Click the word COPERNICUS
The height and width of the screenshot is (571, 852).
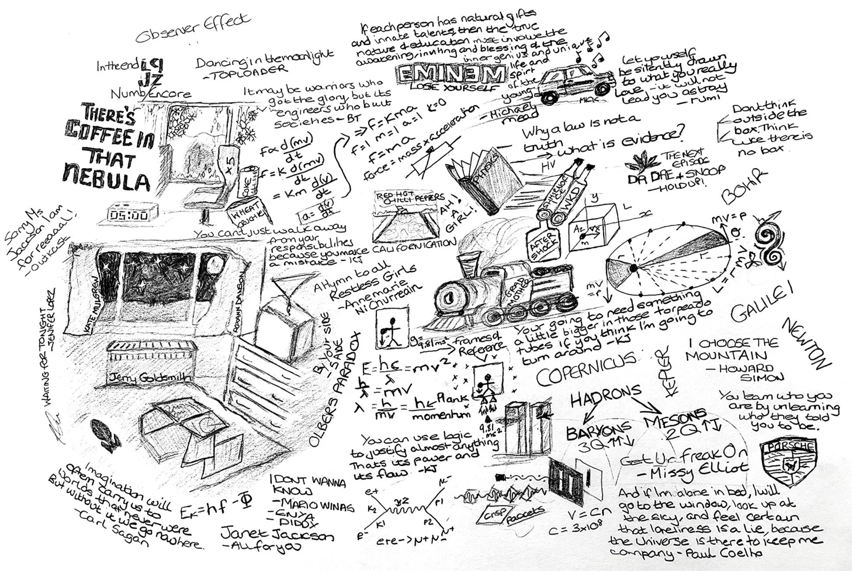click(586, 369)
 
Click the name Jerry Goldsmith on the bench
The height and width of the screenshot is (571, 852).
click(150, 377)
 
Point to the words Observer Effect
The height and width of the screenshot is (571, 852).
click(193, 29)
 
